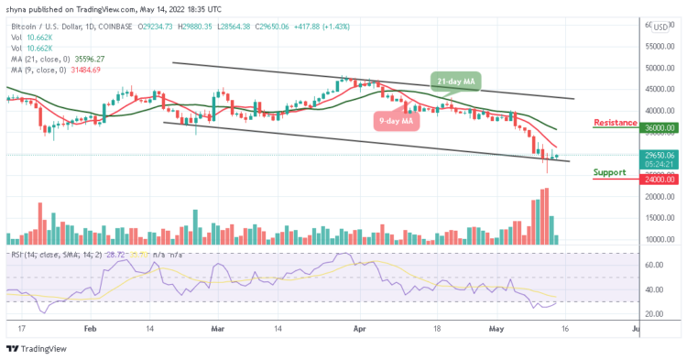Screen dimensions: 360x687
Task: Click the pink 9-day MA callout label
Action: [395, 120]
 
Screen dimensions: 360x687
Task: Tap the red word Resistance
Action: [616, 122]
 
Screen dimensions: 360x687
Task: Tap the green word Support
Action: [609, 171]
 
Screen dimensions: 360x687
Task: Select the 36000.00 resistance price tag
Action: [658, 128]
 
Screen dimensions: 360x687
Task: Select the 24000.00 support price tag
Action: [658, 180]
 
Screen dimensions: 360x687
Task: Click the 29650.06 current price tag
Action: [658, 156]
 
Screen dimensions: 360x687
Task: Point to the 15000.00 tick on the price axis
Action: [658, 217]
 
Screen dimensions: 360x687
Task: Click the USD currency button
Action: [660, 27]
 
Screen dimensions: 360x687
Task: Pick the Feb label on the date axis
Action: [89, 326]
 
